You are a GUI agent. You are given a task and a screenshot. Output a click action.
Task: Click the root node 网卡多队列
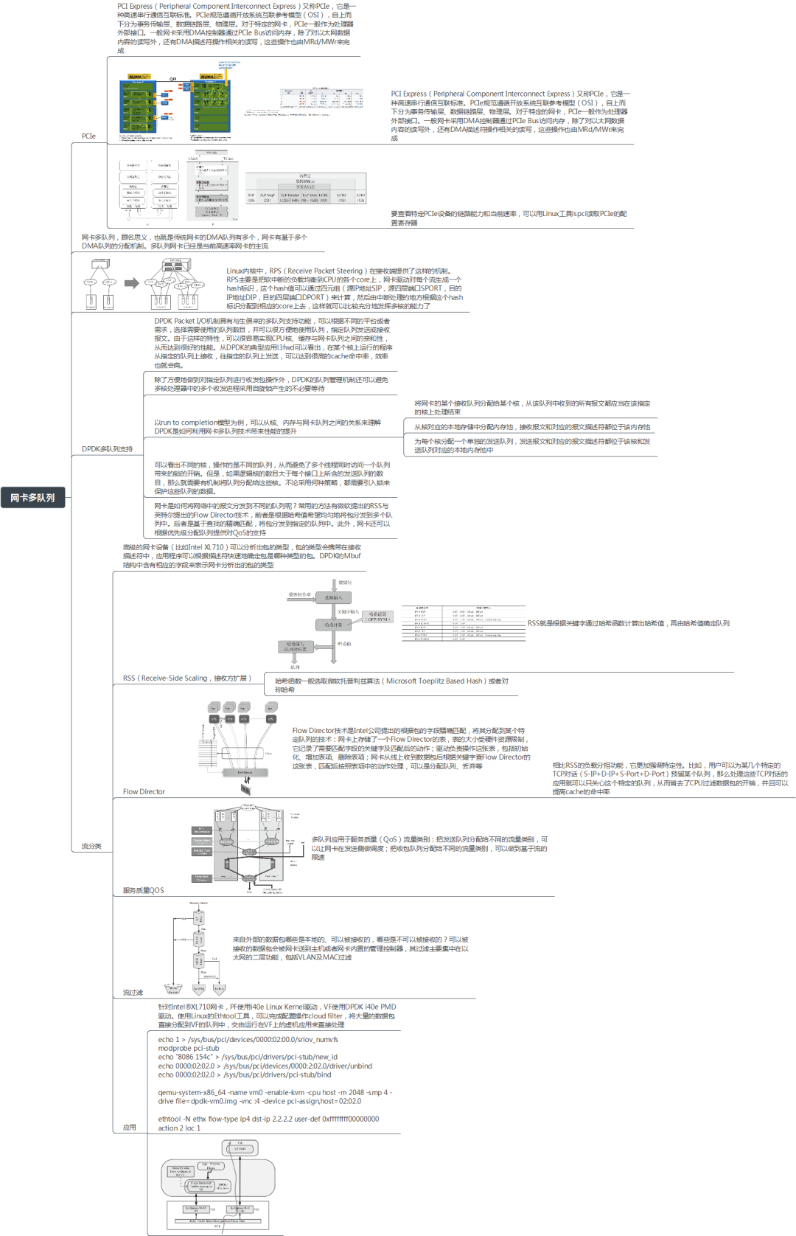[x=32, y=498]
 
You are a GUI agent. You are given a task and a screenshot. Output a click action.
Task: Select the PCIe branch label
[x=88, y=136]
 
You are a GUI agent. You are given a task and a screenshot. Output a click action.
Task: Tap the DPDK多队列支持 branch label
[x=107, y=449]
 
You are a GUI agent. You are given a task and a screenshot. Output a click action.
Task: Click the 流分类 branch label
[x=91, y=847]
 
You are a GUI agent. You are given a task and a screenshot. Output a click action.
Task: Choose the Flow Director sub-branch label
[x=144, y=792]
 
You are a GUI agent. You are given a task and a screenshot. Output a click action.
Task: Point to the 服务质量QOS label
[x=143, y=891]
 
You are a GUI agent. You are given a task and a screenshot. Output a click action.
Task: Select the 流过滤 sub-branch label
[x=133, y=993]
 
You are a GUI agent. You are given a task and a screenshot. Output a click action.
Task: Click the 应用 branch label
[x=130, y=1128]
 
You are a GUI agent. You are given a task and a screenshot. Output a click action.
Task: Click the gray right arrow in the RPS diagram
[x=132, y=283]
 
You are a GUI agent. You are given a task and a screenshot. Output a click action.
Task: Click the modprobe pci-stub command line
[x=189, y=1048]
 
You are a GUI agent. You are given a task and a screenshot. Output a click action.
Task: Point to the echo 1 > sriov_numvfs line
[x=248, y=1039]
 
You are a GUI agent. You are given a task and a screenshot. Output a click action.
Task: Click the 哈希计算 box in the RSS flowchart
[x=333, y=625]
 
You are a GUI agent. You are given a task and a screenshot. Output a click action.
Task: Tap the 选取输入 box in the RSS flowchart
[x=333, y=597]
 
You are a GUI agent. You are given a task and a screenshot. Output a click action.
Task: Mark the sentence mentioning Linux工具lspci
[x=509, y=215]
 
